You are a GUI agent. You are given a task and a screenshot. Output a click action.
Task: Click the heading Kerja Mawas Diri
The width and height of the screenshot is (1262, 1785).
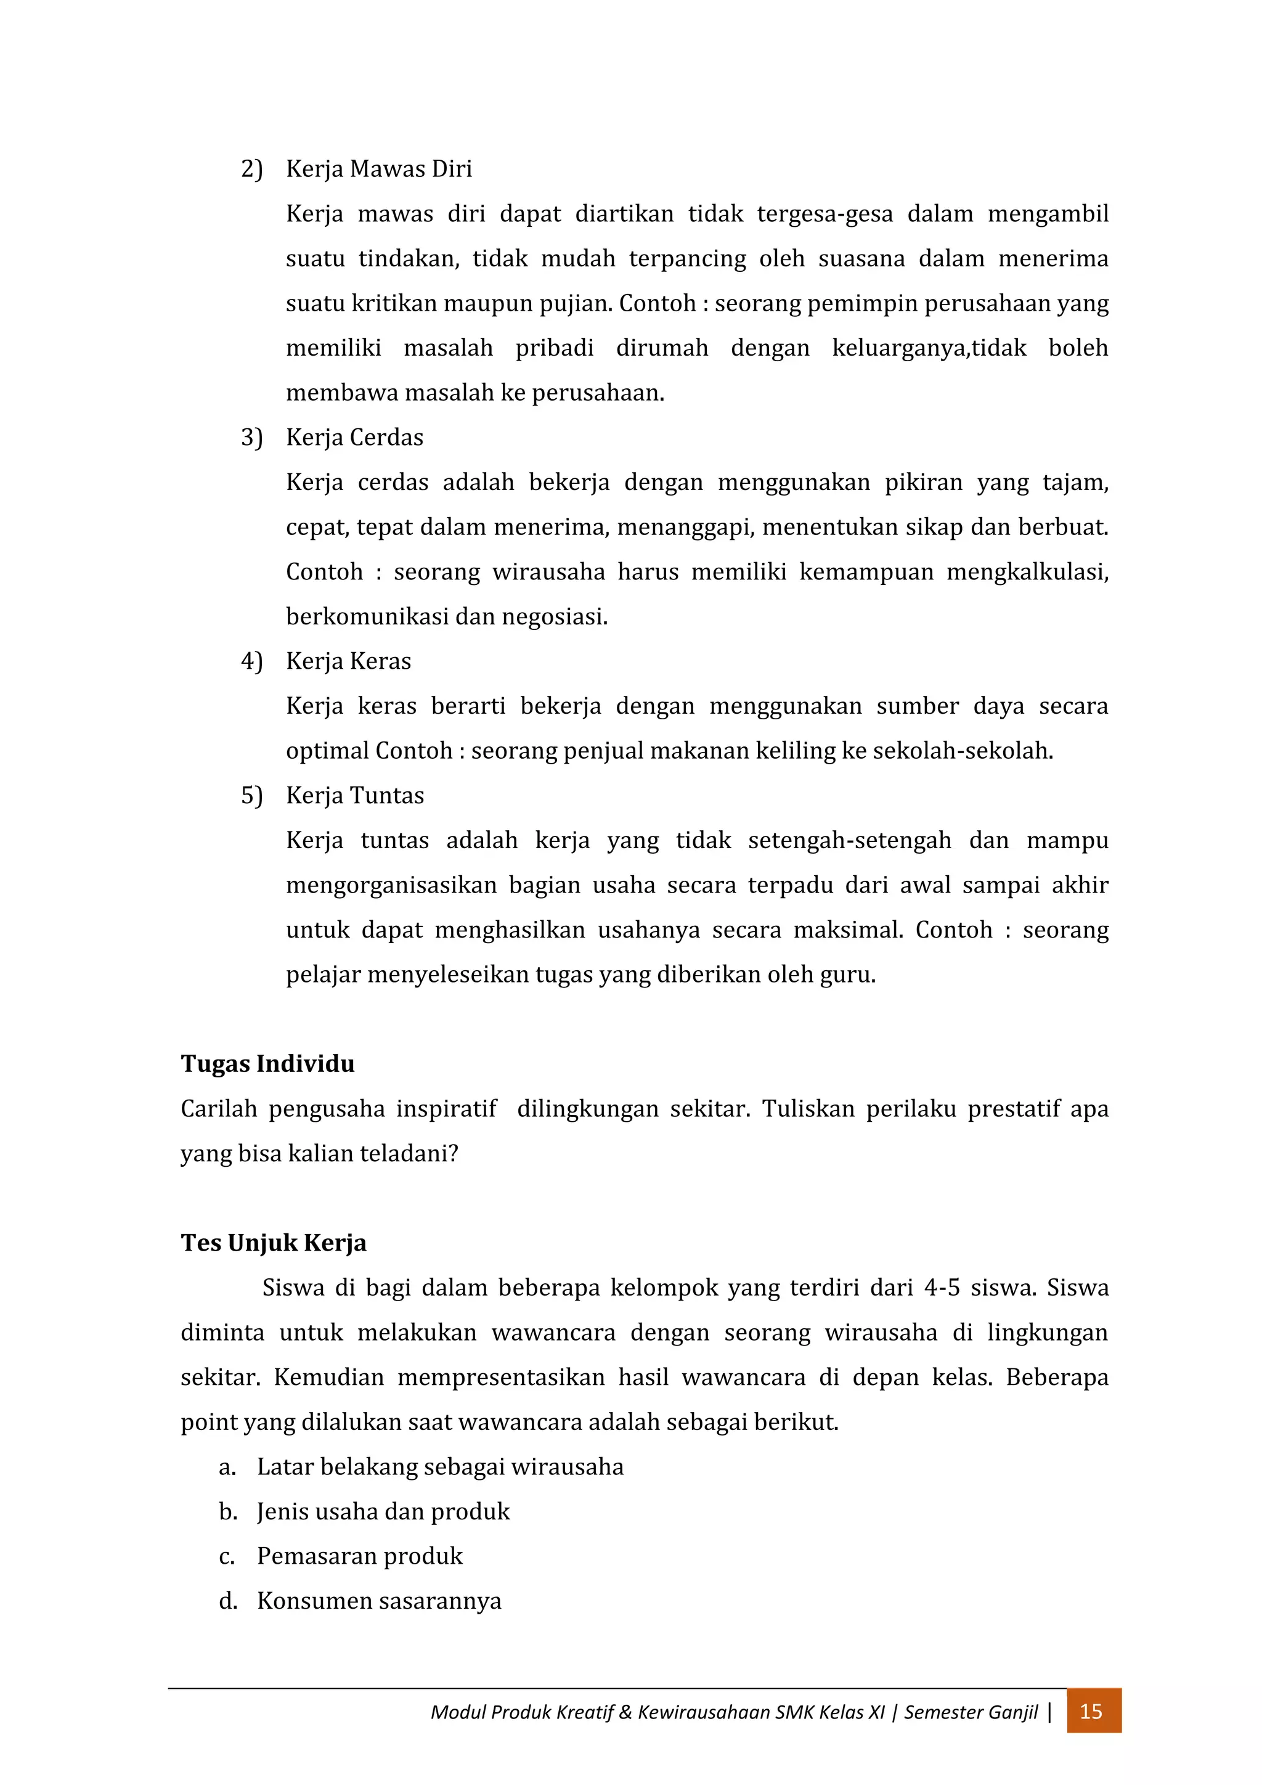click(378, 169)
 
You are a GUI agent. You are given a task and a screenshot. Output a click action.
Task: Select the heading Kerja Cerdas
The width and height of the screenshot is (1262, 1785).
click(354, 438)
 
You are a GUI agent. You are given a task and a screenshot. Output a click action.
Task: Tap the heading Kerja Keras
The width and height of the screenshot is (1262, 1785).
click(348, 661)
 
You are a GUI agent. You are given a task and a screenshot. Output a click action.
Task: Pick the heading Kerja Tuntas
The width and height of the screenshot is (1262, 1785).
click(354, 796)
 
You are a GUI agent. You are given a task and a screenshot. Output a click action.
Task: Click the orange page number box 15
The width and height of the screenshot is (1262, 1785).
click(1093, 1711)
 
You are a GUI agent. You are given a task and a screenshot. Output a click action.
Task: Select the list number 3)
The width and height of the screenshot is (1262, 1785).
click(251, 438)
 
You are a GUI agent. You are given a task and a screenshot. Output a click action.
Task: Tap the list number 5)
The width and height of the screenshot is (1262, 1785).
click(251, 796)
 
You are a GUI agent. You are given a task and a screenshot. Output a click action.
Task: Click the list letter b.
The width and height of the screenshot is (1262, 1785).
click(227, 1512)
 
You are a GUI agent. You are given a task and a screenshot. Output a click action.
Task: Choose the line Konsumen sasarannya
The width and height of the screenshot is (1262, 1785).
click(378, 1601)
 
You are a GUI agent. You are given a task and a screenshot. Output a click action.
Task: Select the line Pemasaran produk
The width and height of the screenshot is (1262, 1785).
click(359, 1556)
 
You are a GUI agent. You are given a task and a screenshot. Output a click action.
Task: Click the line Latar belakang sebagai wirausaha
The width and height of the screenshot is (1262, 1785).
click(440, 1467)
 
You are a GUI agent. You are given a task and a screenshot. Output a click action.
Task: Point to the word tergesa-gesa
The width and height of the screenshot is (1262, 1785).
click(824, 214)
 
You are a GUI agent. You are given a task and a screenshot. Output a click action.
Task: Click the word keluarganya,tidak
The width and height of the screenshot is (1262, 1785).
click(929, 348)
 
